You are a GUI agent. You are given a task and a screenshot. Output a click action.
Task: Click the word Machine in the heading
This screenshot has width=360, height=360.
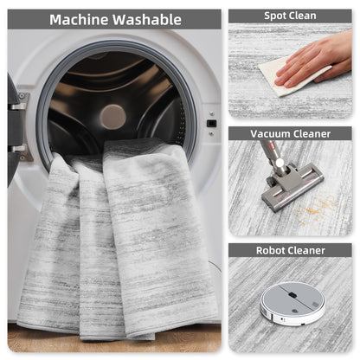click(79, 20)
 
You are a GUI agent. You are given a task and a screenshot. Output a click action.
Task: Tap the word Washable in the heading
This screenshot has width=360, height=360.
click(147, 20)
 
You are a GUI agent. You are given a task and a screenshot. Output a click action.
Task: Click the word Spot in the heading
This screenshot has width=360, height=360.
click(273, 16)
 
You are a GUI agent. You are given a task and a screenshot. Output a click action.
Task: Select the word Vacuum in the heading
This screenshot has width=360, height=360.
click(270, 134)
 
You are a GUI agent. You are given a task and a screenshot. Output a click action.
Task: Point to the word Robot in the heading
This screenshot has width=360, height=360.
click(269, 250)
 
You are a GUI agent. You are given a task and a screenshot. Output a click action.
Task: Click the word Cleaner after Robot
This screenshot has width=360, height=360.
click(305, 250)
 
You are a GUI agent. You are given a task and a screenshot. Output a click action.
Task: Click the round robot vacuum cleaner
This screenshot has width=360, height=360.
click(292, 304)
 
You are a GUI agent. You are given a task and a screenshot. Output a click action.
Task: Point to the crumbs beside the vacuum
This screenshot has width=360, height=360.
click(316, 209)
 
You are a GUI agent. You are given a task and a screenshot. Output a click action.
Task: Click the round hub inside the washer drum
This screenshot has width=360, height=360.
click(113, 117)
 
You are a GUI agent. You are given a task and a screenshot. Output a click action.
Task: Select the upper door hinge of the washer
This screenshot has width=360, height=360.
click(20, 101)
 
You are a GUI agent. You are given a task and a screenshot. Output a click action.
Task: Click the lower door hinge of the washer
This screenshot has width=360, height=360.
click(21, 152)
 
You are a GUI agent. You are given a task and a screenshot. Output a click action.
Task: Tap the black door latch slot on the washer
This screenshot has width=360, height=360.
click(211, 124)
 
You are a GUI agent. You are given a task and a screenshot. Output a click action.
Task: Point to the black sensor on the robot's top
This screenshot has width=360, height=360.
click(292, 295)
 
